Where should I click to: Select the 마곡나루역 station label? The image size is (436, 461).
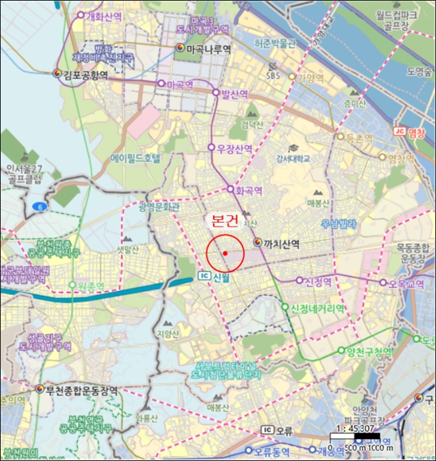coord(208,49)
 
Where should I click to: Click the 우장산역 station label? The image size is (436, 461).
coord(235,149)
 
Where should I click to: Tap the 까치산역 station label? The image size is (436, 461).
coord(281,244)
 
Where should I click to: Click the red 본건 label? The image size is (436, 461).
coord(224,221)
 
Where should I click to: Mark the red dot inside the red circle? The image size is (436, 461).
coord(225,253)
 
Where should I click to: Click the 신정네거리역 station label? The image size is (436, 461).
coord(318,308)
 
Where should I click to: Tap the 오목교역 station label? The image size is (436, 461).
coord(405,283)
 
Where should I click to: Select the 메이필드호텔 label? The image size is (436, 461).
coord(136,159)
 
